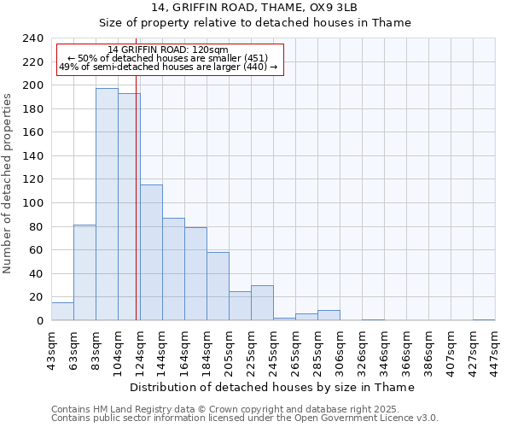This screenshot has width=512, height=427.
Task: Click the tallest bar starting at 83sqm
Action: coord(107,204)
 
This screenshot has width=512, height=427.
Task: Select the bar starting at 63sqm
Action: coord(84,272)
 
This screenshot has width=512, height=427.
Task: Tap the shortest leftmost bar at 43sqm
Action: coord(62,312)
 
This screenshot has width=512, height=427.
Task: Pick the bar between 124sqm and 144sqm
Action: coord(151,253)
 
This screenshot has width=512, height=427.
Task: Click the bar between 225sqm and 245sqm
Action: coord(262,303)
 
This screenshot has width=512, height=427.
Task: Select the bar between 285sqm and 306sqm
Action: coord(329,315)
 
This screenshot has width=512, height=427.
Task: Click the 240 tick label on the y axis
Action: coord(32,38)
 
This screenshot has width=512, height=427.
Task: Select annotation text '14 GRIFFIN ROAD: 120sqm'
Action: coord(168,50)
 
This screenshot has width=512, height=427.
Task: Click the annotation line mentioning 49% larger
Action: coord(168,67)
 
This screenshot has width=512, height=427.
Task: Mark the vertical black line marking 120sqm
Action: coord(137,213)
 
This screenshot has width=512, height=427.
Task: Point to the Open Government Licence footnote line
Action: coord(245,418)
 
